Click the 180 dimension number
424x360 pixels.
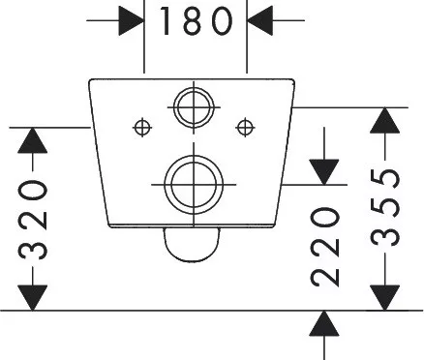point(197,20)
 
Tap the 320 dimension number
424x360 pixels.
point(33,220)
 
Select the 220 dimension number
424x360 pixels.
point(325,247)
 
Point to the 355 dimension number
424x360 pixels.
point(385,207)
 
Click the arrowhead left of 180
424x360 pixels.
point(132,20)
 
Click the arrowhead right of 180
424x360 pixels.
point(259,20)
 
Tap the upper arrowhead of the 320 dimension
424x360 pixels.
point(33,140)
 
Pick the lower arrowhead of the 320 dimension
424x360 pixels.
point(33,298)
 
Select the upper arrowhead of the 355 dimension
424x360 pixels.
point(385,120)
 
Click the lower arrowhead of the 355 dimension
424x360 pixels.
point(385,298)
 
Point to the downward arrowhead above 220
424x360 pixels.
point(324,172)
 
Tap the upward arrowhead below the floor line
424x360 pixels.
point(324,323)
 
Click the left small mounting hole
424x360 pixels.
point(142,128)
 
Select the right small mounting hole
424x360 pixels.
point(245,128)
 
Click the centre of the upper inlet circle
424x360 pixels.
point(194,107)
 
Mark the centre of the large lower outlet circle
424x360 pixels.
point(194,185)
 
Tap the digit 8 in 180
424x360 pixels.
point(197,20)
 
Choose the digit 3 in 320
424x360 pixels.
point(33,248)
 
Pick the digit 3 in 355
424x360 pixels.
point(385,234)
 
